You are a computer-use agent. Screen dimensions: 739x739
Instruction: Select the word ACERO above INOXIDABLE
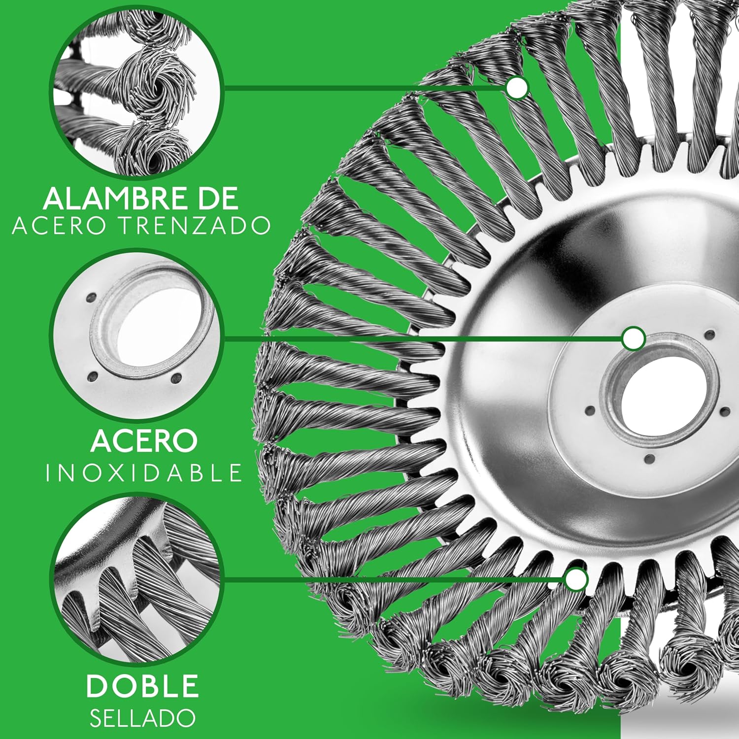point(144,441)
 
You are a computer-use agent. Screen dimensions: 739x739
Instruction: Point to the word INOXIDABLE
point(144,473)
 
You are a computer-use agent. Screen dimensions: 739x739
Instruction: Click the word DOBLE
point(143,685)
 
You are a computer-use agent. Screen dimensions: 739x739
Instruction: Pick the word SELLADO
point(143,719)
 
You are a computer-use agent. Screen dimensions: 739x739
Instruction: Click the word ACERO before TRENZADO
point(62,226)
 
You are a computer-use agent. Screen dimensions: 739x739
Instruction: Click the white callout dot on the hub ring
point(633,339)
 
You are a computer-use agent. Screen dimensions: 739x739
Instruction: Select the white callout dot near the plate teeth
point(576,579)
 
